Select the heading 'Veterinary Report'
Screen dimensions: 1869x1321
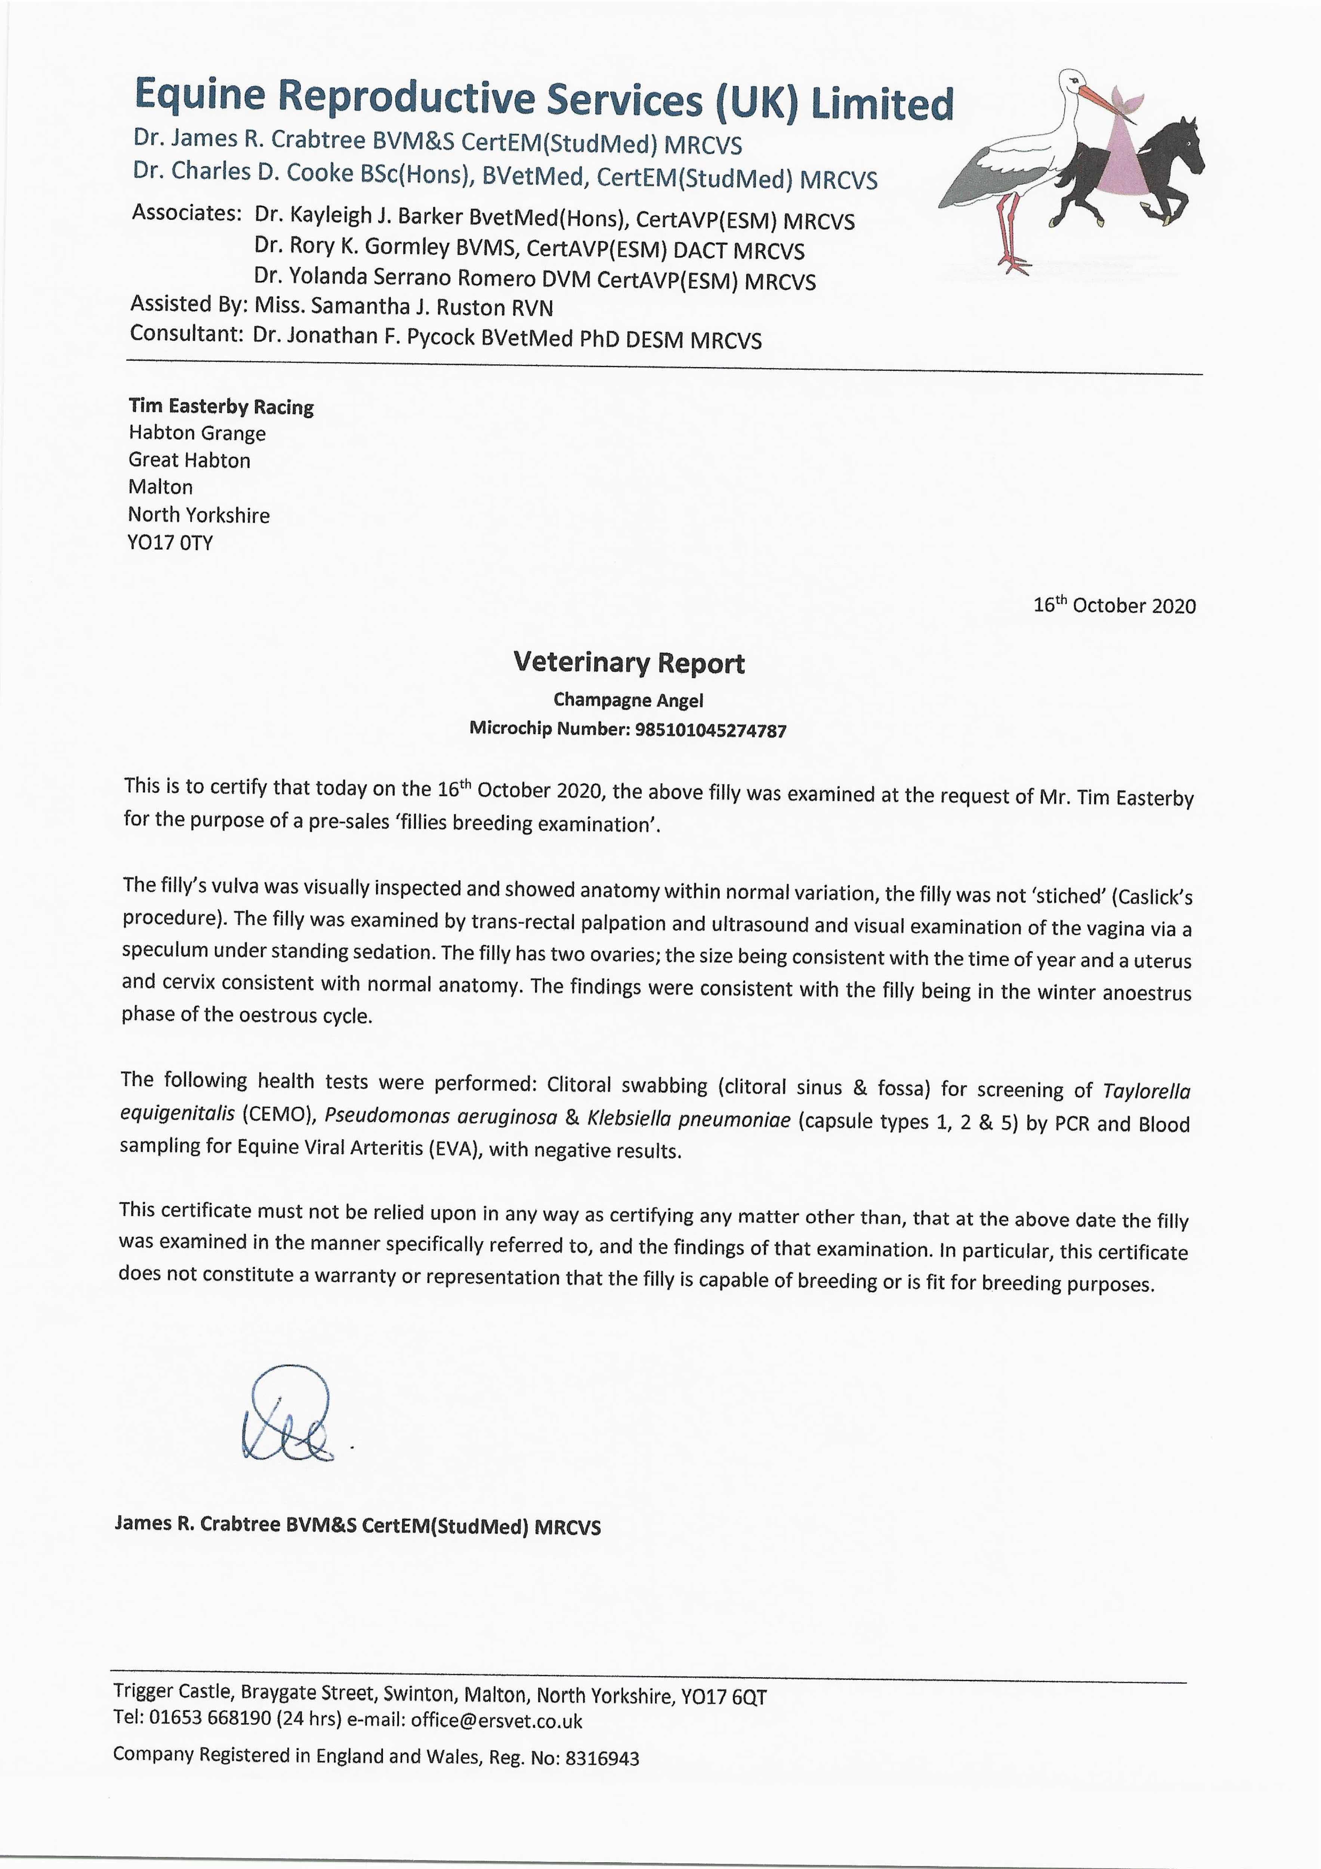tap(628, 663)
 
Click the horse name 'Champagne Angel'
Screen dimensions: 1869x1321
tap(628, 700)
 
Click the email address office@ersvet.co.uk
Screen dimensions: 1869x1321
tap(497, 1721)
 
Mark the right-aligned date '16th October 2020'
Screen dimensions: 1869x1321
tap(1114, 606)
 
